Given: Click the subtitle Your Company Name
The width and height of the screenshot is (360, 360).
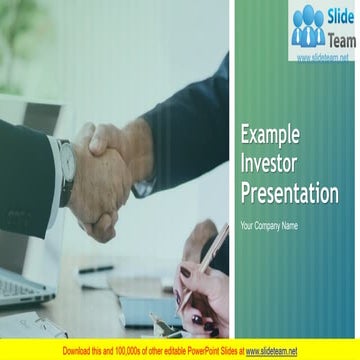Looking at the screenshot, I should click(269, 226).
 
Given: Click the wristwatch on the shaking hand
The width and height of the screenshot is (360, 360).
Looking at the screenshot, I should click(67, 160).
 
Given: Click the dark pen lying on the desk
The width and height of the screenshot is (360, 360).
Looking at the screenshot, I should click(96, 269).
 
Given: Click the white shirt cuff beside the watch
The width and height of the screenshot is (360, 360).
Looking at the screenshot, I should click(53, 175).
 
